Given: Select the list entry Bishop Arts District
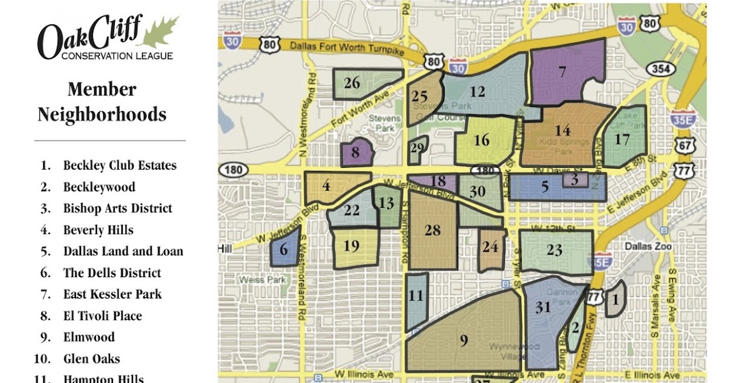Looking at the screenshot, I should click(117, 209).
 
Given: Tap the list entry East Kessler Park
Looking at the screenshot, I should click(112, 294).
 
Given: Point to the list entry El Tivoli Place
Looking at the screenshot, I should click(102, 316).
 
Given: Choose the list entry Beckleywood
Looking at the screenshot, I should click(99, 187).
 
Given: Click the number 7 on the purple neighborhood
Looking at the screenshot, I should click(563, 72).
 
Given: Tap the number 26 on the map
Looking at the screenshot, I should click(352, 83).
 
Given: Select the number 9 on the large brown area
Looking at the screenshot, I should click(464, 341).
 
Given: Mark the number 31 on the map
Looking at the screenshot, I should click(542, 308).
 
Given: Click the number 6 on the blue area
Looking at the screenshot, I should click(284, 249).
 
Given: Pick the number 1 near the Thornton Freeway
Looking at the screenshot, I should click(615, 299).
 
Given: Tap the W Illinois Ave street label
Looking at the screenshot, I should click(361, 373).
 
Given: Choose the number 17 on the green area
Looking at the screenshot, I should click(621, 140).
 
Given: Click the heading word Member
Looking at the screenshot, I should click(101, 89).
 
